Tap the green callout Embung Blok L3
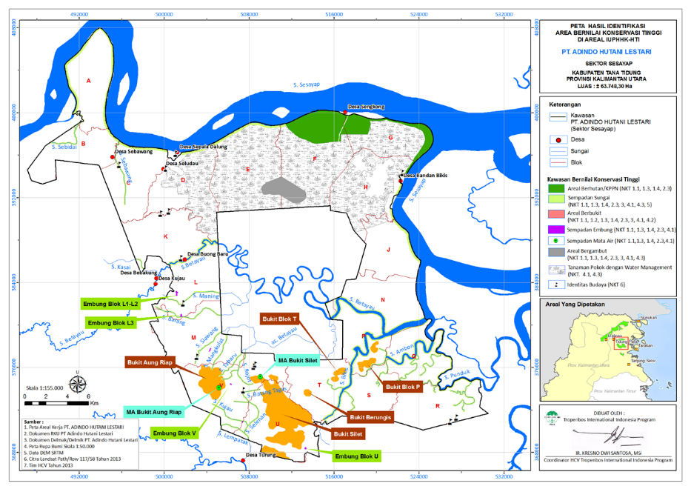pos(110,323)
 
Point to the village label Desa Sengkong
pos(367,107)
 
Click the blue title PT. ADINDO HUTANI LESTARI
pos(607,53)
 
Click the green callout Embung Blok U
pos(355,456)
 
